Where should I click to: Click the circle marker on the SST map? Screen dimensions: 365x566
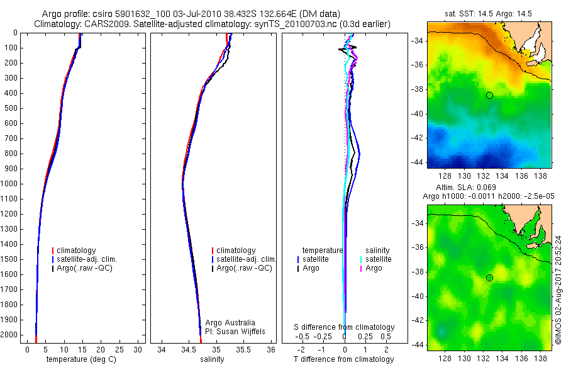point(489,95)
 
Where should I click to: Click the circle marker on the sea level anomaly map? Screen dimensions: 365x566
point(489,278)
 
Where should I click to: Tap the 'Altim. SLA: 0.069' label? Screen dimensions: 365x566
point(462,188)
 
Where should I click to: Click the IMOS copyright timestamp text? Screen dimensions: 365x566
point(558,290)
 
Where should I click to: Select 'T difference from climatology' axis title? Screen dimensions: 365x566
point(345,359)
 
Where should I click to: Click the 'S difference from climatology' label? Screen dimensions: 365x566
point(345,327)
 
